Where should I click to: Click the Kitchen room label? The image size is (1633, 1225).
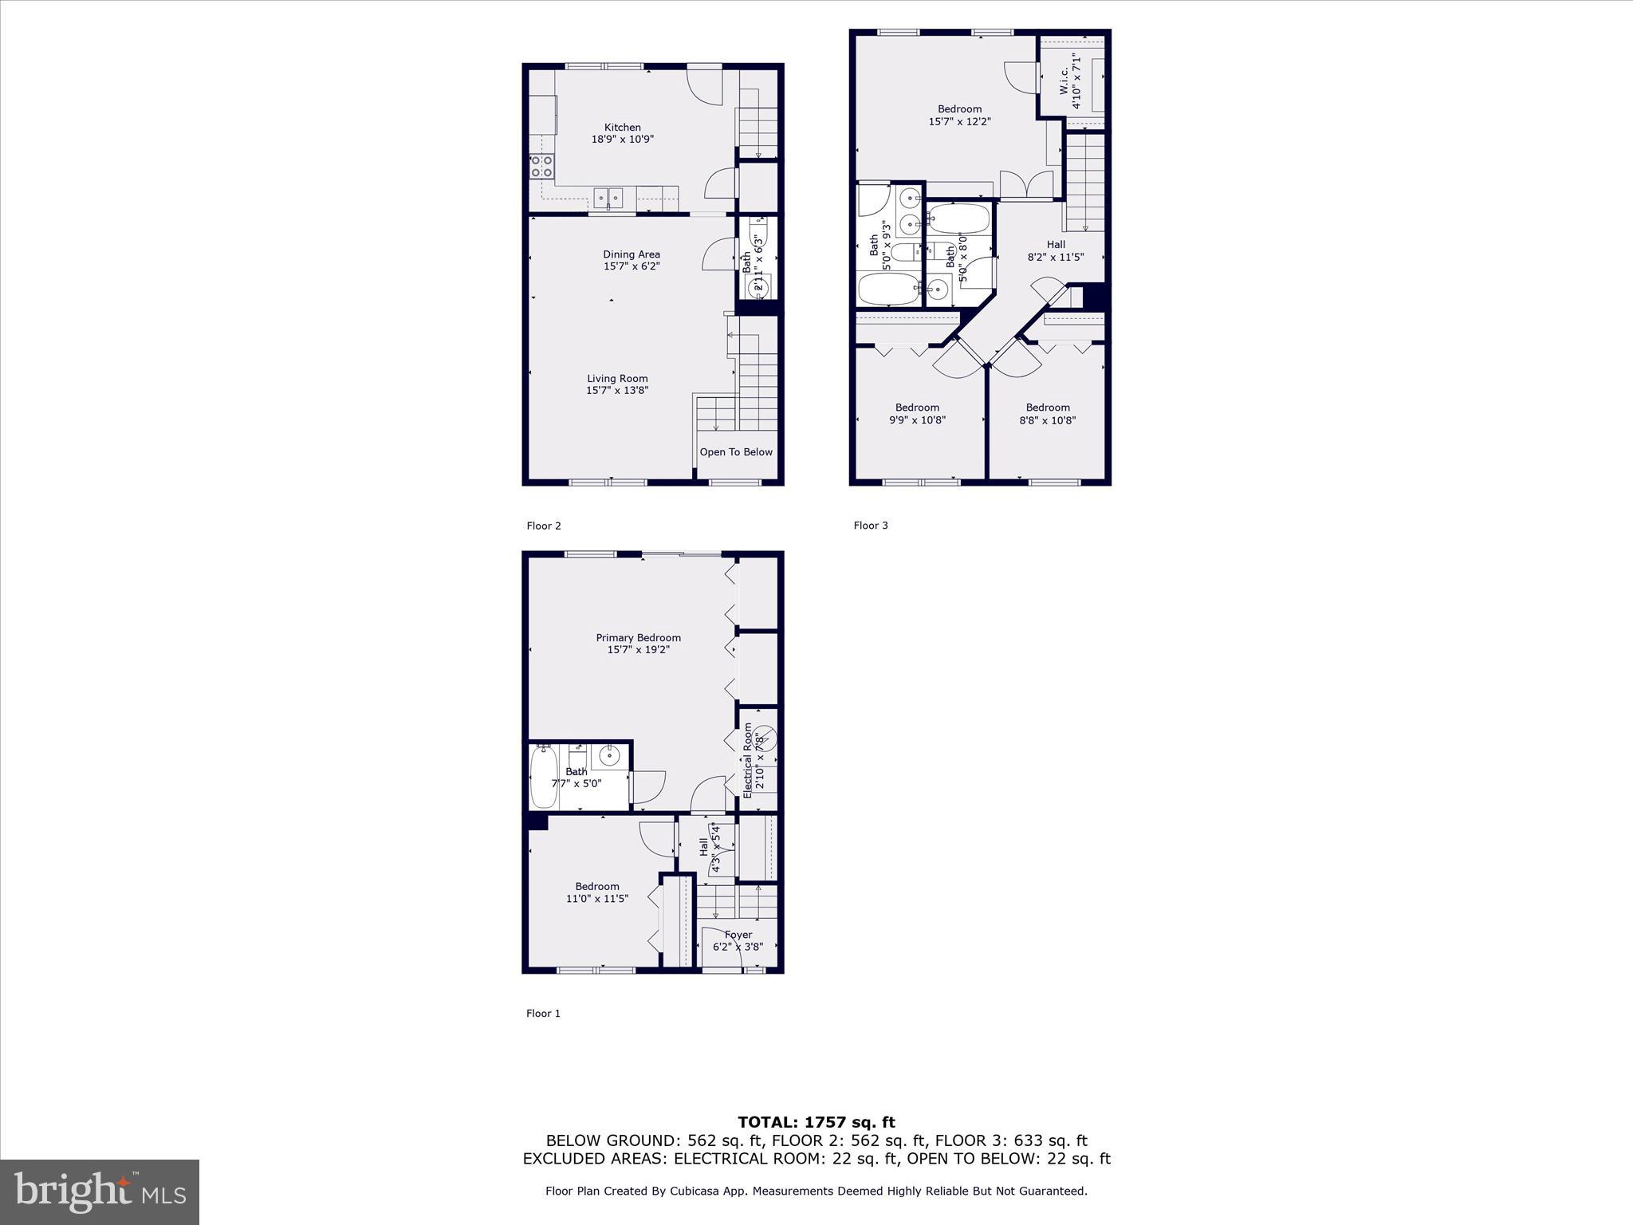tap(622, 128)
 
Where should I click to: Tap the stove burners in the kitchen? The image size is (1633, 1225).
tap(542, 166)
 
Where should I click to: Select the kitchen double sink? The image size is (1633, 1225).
tap(608, 196)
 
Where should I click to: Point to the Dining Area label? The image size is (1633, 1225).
tap(631, 255)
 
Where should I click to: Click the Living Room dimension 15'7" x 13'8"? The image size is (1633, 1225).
tap(617, 391)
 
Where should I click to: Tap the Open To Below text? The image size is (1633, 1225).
tap(735, 452)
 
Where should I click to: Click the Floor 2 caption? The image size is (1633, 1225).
tap(544, 526)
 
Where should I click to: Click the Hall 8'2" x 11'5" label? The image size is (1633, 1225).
tap(1056, 251)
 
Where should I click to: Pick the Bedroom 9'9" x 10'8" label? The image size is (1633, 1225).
tap(917, 414)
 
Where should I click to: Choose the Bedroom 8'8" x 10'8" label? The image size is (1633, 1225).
tap(1048, 414)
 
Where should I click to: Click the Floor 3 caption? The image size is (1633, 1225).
tap(871, 526)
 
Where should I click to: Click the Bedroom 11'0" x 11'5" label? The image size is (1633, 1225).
tap(597, 892)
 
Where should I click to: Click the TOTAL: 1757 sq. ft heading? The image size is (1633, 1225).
tap(816, 1123)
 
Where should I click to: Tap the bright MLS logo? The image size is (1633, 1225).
tap(100, 1192)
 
